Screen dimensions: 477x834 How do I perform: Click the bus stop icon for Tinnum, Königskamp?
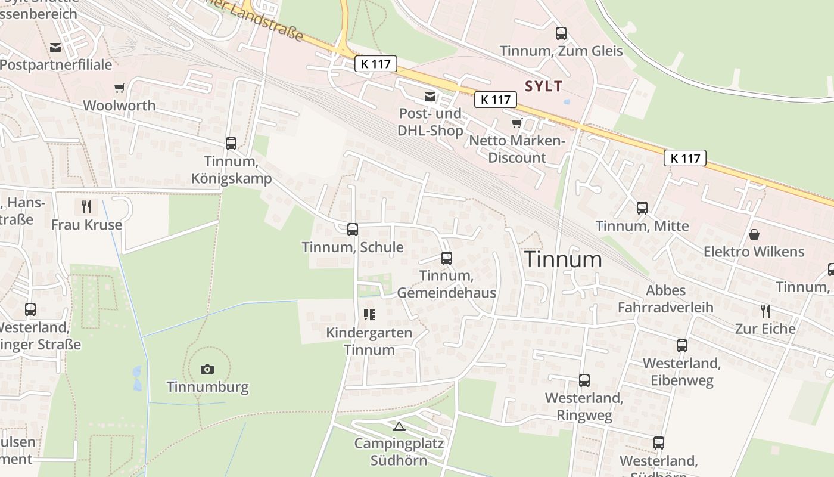[x=231, y=144]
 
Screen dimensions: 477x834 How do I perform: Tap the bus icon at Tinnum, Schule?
[x=353, y=230]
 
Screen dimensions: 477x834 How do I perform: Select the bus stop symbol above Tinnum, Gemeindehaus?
[x=447, y=258]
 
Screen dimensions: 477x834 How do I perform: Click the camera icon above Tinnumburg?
[x=207, y=369]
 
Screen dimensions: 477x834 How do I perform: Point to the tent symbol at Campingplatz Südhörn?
[x=399, y=426]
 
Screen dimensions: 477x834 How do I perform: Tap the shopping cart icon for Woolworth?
[x=120, y=88]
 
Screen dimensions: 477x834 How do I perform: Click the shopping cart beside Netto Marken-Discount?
[x=516, y=123]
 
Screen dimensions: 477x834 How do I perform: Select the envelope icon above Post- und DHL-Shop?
[x=430, y=97]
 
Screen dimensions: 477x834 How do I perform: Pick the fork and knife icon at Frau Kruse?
[x=86, y=207]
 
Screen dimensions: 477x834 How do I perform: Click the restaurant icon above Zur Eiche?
[x=765, y=311]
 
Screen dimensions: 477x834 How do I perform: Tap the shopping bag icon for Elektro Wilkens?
[x=754, y=234]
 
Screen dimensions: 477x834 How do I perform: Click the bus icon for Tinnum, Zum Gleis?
[x=561, y=33]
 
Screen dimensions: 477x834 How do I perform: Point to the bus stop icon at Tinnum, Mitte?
[x=642, y=208]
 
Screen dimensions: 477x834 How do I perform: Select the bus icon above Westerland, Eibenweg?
[x=682, y=346]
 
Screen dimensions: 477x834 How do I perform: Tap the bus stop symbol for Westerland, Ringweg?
[x=584, y=380]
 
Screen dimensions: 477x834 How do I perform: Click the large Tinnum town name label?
[x=563, y=259]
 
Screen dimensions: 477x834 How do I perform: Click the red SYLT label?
[x=543, y=86]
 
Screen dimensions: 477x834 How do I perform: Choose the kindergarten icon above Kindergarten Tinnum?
[x=369, y=315]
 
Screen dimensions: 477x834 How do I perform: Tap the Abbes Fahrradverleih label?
[x=665, y=299]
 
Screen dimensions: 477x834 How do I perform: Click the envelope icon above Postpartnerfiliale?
[x=55, y=48]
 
